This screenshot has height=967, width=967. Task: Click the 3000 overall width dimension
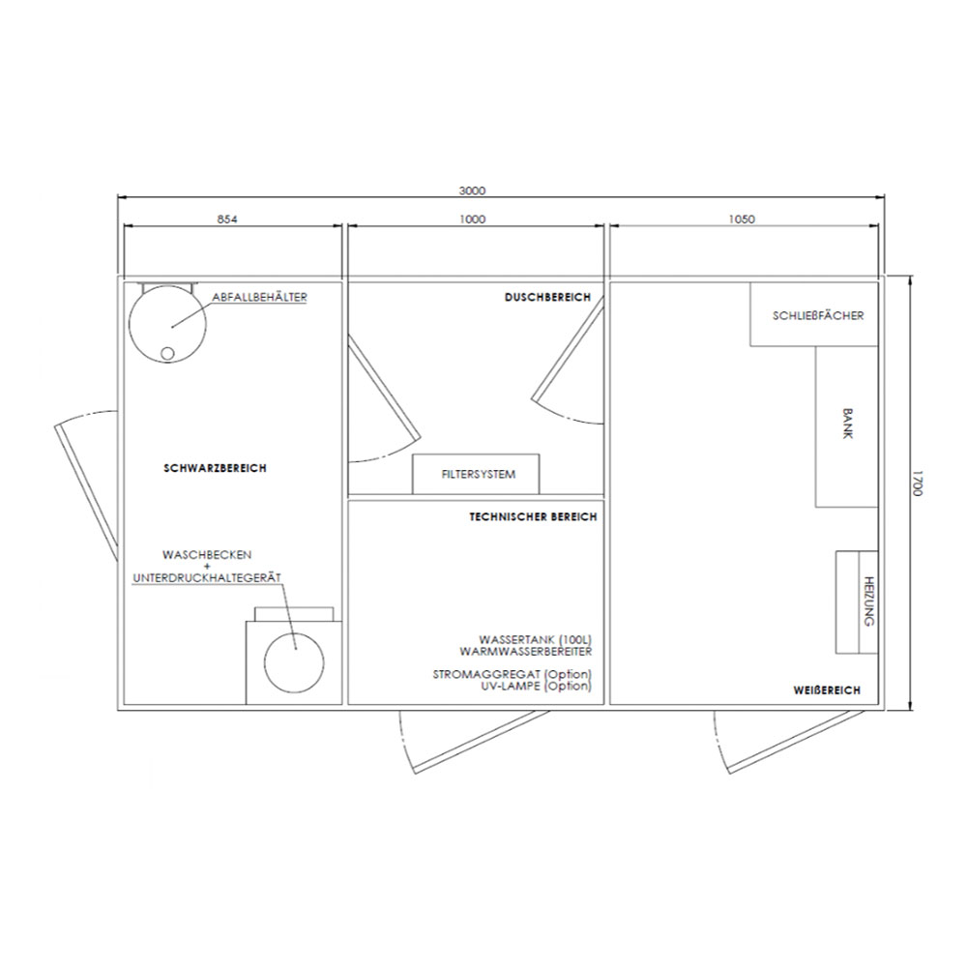click(472, 190)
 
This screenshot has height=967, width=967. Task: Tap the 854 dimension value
click(227, 219)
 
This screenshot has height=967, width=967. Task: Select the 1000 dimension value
click(473, 219)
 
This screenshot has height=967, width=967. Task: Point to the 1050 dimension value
click(742, 219)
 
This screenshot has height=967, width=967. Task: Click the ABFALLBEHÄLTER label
click(259, 297)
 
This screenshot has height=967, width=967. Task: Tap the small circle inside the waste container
click(167, 353)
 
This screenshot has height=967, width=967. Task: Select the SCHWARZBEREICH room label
click(216, 468)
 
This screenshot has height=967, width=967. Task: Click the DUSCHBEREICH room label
click(547, 297)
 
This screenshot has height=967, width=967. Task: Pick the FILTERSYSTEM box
click(476, 474)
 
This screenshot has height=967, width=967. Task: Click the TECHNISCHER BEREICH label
click(534, 516)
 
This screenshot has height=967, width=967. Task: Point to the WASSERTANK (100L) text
click(536, 640)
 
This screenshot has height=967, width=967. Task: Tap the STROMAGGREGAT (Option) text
click(512, 675)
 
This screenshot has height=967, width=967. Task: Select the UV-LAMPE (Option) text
click(536, 686)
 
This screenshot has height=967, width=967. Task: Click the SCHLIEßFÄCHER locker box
click(814, 314)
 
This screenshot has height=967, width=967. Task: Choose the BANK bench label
click(847, 424)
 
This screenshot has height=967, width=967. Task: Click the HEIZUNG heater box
click(857, 601)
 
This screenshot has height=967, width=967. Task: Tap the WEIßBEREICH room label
click(827, 690)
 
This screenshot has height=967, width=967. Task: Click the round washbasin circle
click(294, 663)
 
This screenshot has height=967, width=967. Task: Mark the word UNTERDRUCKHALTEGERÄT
click(207, 578)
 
